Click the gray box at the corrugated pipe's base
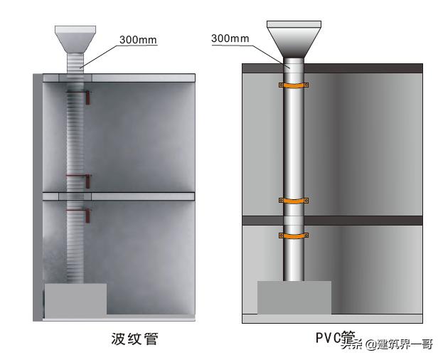(x=76, y=298)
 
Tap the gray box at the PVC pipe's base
(x=294, y=297)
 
